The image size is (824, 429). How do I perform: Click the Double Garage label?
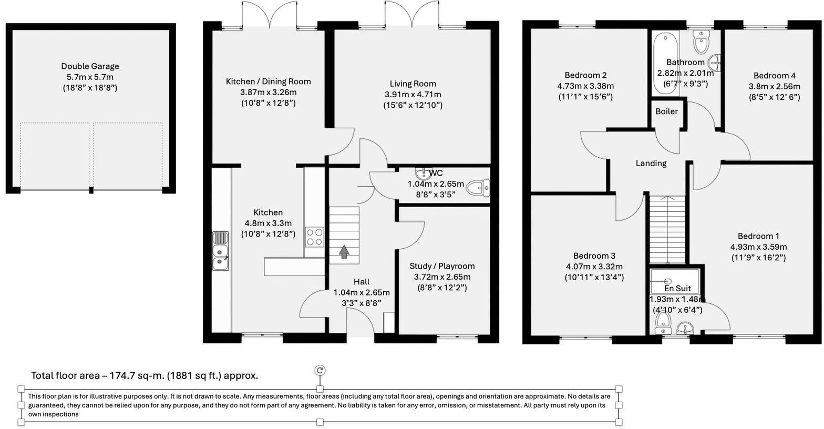click(90, 66)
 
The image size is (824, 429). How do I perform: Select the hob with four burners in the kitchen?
click(314, 237)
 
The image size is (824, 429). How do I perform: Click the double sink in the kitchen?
click(220, 251)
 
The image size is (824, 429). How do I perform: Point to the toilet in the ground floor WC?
click(478, 187)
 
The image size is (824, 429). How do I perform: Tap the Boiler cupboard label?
click(666, 111)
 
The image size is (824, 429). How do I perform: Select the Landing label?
click(651, 164)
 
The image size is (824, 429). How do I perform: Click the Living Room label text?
click(413, 84)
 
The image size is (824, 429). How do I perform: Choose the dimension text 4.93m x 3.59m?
click(758, 247)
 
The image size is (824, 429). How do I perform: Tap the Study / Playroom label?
click(442, 266)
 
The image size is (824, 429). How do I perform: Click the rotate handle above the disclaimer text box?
click(320, 371)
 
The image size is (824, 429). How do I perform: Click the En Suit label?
click(677, 288)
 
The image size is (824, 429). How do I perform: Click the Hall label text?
click(361, 282)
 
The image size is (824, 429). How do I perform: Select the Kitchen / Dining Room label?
click(268, 81)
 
